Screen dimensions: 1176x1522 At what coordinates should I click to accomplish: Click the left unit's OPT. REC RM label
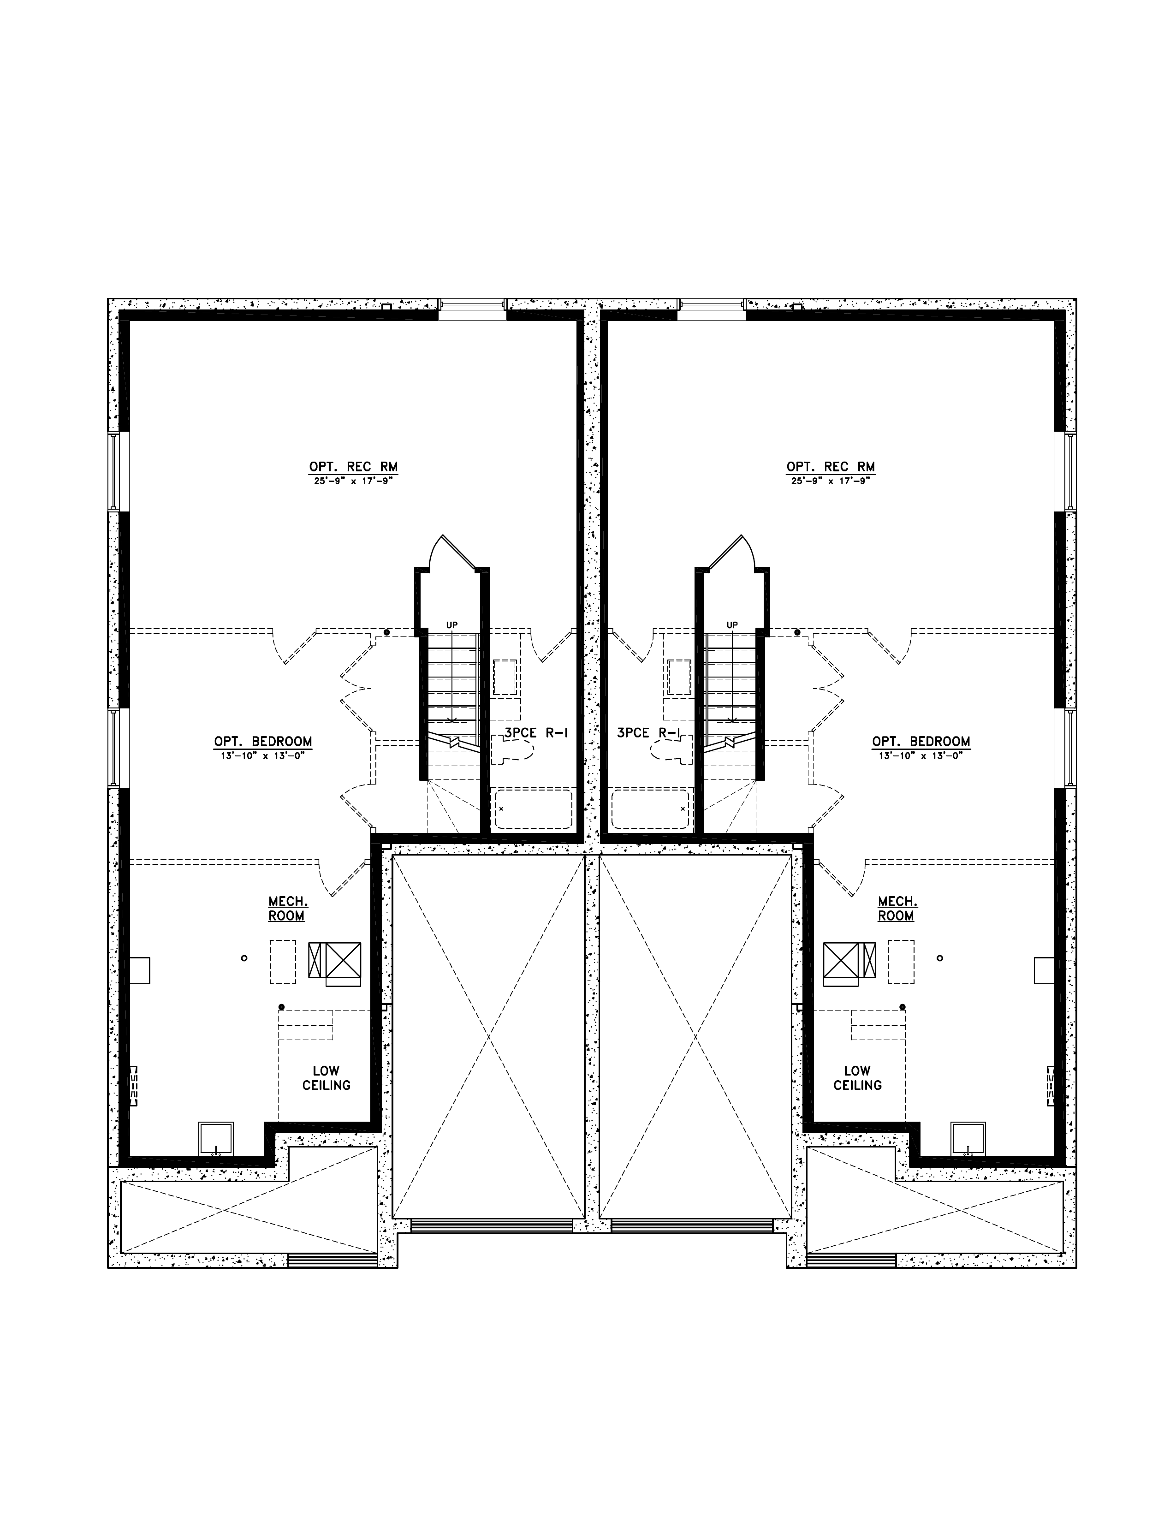click(x=353, y=467)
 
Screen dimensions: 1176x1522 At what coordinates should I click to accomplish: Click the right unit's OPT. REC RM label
click(x=831, y=467)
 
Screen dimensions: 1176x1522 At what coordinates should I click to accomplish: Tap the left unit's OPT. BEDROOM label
click(x=263, y=742)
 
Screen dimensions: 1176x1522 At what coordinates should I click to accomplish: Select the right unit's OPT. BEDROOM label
click(x=921, y=742)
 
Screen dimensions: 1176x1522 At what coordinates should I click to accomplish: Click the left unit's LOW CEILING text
click(x=326, y=1078)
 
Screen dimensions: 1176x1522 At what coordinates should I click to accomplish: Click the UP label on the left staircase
click(x=452, y=625)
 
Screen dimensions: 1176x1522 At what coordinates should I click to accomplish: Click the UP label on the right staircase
click(x=731, y=625)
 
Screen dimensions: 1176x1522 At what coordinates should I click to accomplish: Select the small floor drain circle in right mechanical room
click(x=940, y=958)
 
